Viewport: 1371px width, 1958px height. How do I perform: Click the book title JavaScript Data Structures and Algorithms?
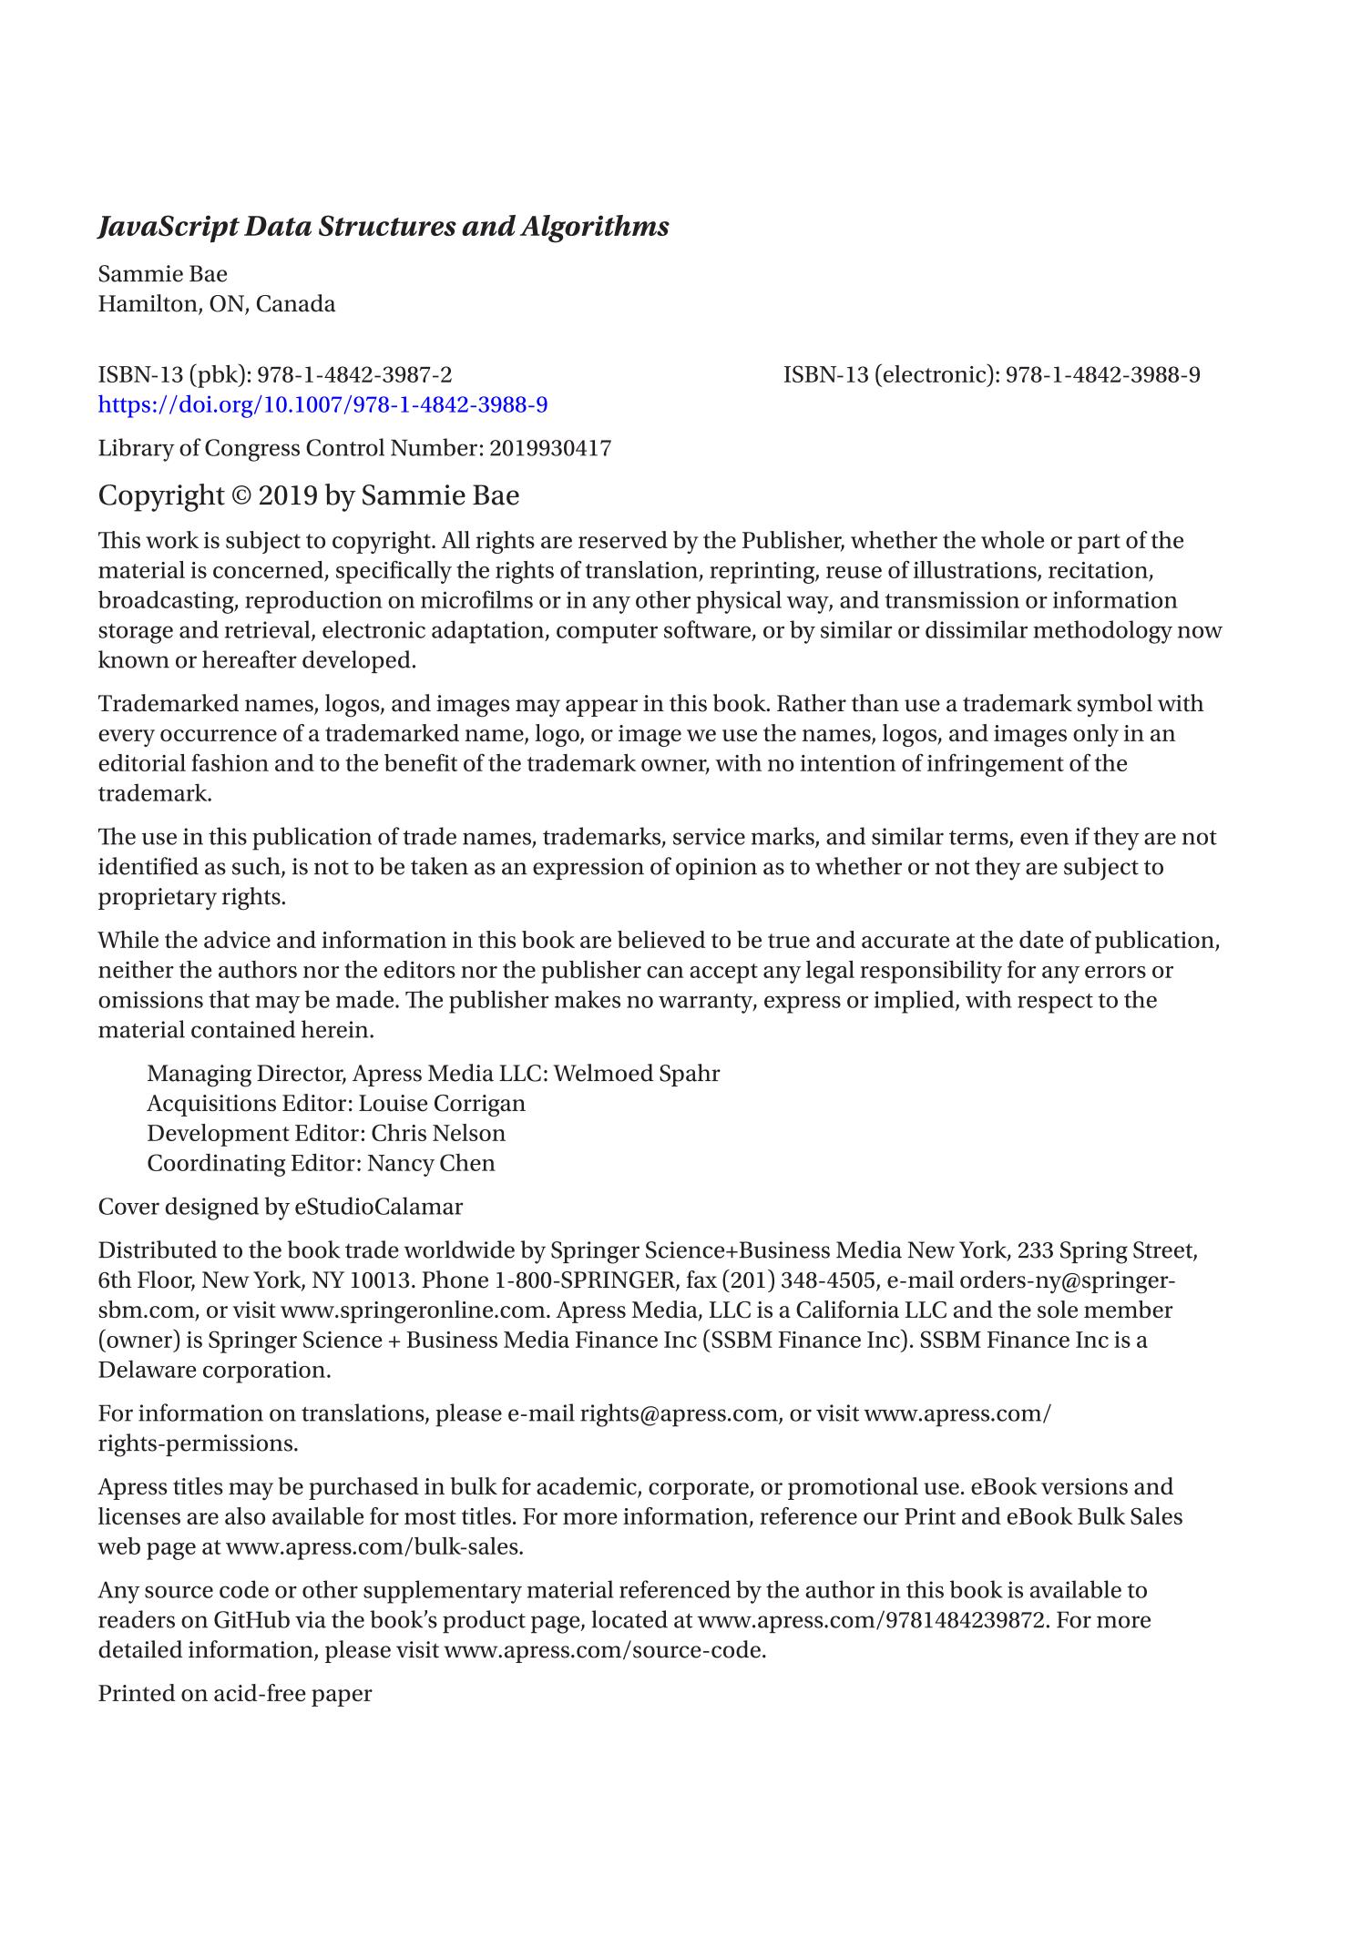(383, 227)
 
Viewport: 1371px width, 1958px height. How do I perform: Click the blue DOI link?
(322, 404)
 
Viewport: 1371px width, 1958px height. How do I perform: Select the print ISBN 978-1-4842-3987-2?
(354, 374)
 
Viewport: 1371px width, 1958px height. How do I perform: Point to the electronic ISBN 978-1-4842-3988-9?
(1102, 374)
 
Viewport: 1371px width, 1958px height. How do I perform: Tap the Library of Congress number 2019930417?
(550, 448)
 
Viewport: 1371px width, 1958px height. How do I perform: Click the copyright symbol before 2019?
(241, 496)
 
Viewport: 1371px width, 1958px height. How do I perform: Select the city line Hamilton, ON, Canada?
(217, 304)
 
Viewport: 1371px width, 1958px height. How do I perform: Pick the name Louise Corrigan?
(442, 1104)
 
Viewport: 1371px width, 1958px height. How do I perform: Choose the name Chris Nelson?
(437, 1134)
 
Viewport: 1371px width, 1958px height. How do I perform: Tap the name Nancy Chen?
(431, 1164)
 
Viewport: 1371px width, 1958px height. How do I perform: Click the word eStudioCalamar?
(378, 1208)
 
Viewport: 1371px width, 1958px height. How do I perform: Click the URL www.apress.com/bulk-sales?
(374, 1547)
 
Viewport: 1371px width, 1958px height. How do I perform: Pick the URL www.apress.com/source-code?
(604, 1651)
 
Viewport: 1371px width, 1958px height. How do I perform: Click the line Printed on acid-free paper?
(235, 1694)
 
